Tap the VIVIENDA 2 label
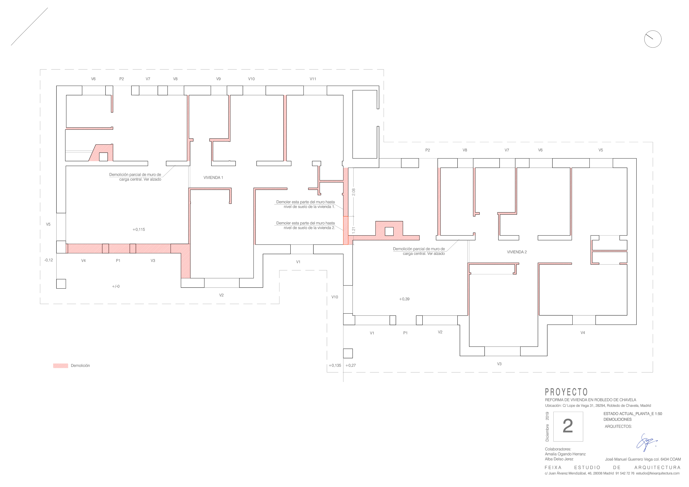click(517, 252)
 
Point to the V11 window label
click(313, 79)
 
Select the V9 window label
click(218, 79)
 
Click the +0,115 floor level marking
click(139, 229)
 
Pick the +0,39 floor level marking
click(404, 299)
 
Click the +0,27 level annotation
click(351, 365)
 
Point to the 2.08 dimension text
click(353, 192)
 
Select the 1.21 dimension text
click(353, 230)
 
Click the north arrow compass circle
click(653, 39)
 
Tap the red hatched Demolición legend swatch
click(61, 366)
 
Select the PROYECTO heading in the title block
click(566, 392)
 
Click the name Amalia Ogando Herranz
click(565, 454)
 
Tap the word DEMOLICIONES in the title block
click(618, 419)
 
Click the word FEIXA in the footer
click(553, 468)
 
